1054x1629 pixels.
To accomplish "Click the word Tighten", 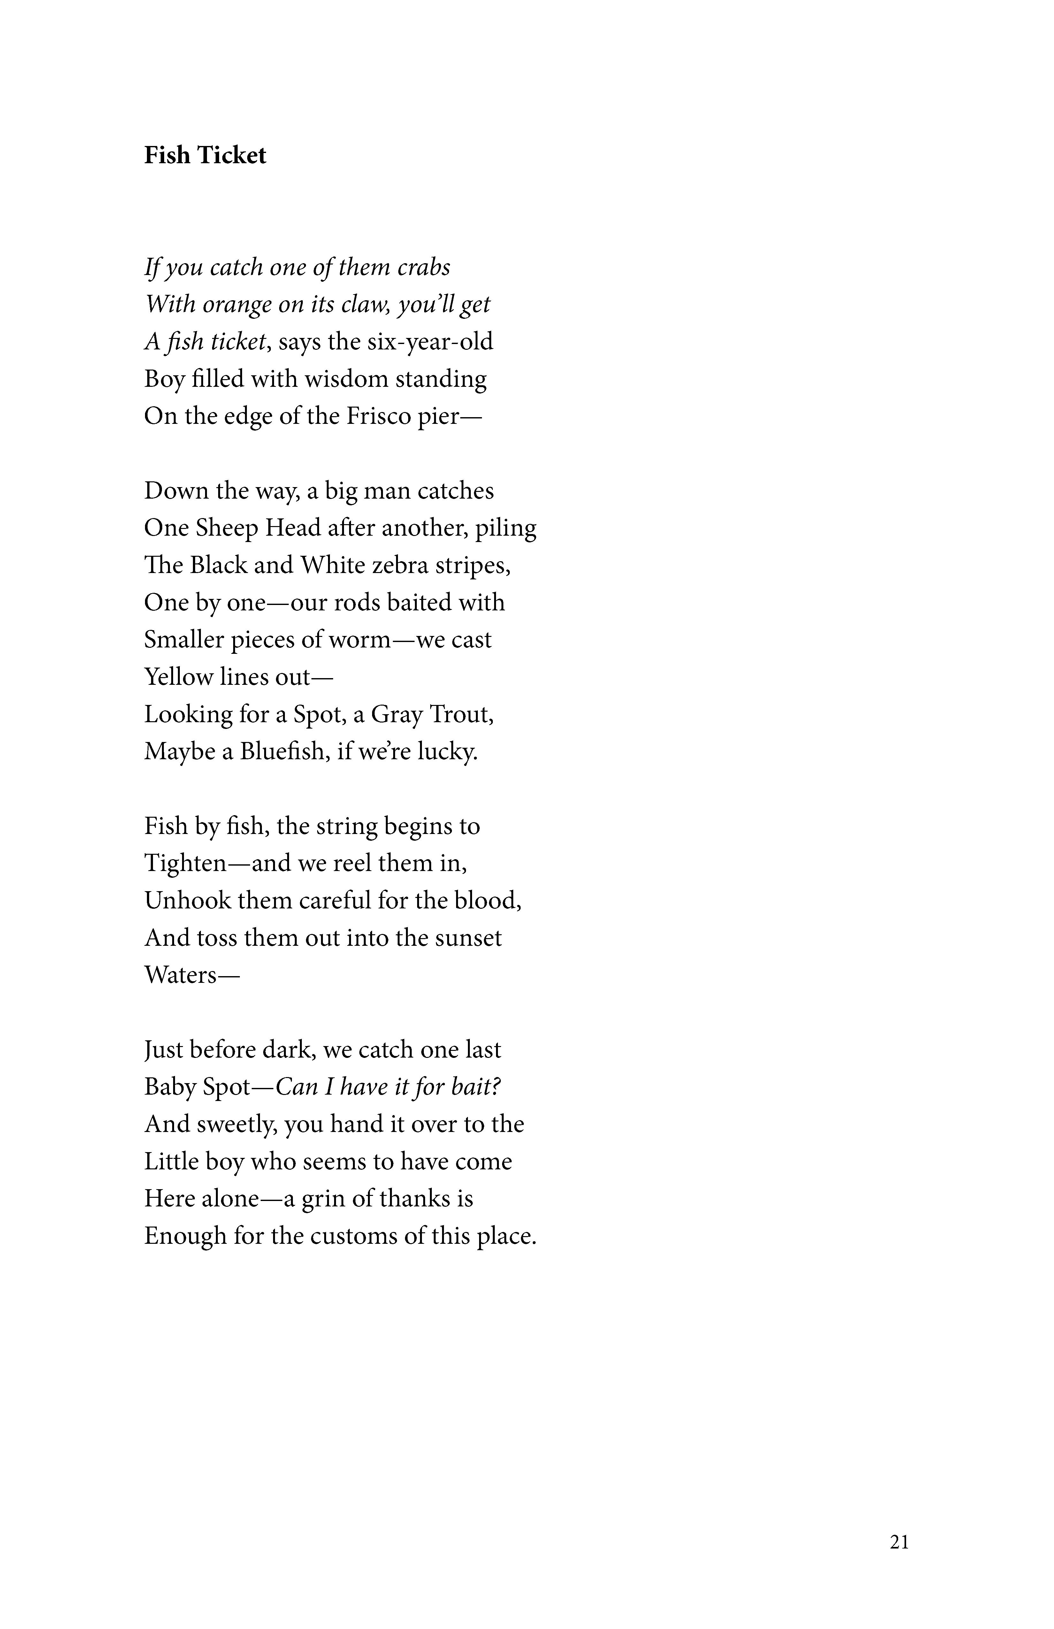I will click(185, 863).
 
